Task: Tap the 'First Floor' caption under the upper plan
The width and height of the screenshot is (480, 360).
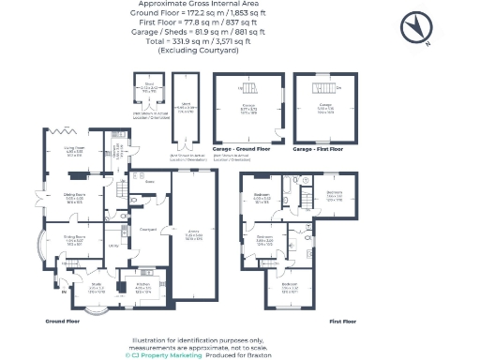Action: point(343,321)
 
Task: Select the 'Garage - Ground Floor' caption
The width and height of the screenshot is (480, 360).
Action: point(241,150)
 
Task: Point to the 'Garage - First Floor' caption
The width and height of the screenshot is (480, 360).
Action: point(318,150)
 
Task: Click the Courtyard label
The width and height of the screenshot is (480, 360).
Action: point(146,228)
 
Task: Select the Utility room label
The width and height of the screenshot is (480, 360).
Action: point(110,244)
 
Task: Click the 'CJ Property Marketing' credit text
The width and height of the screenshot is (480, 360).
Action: point(161,355)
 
